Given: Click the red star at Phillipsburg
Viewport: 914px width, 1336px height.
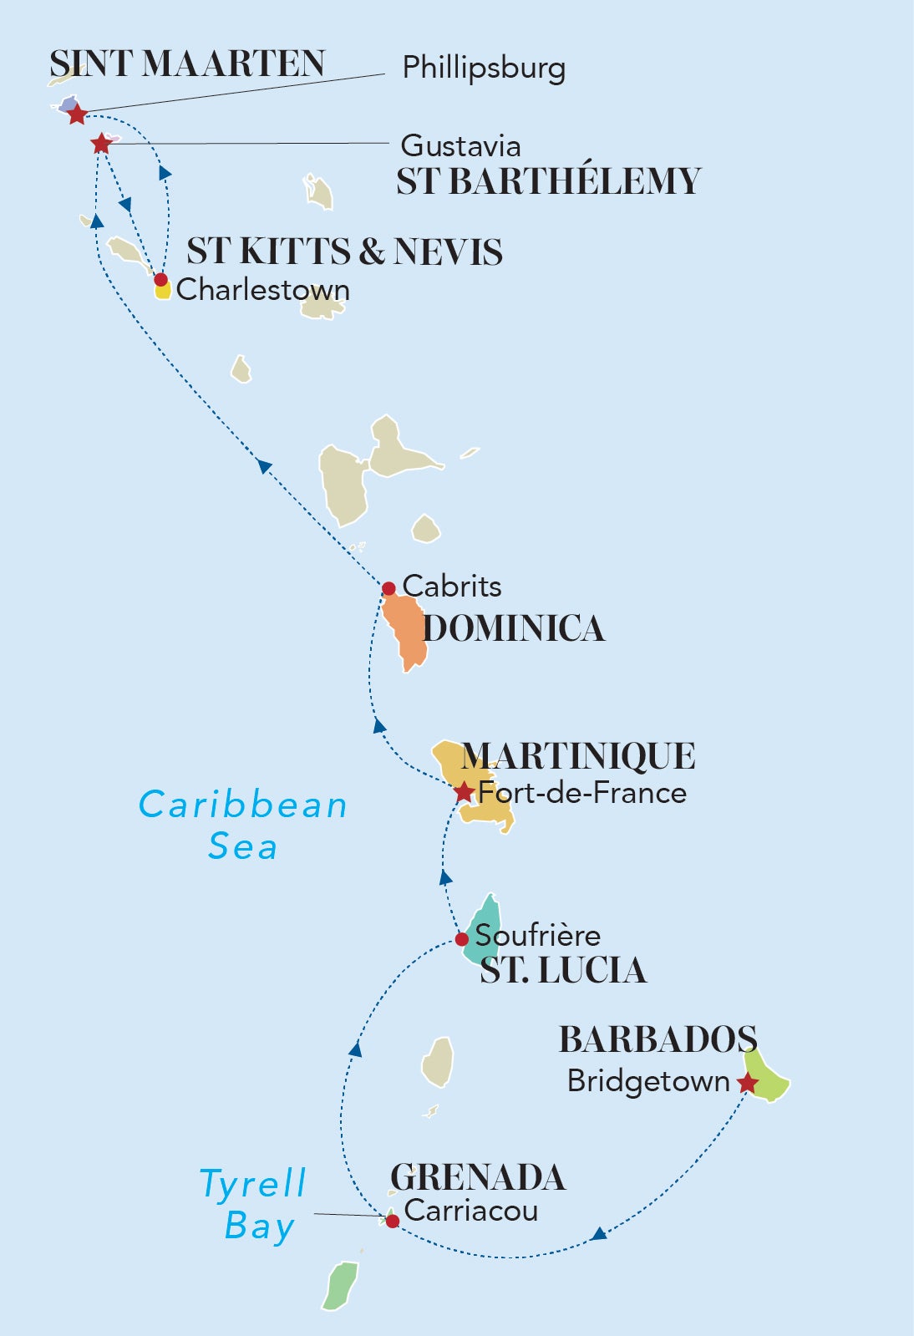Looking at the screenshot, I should pos(77,114).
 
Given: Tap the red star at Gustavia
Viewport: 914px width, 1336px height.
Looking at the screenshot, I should pos(101,144).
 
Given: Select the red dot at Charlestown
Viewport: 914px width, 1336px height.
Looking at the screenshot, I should pos(161,280).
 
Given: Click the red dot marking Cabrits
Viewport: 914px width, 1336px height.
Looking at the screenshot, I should pos(388,589).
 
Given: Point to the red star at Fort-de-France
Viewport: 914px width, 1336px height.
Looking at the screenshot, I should pos(464,792).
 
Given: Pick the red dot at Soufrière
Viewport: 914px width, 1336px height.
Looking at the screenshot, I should pos(462,939).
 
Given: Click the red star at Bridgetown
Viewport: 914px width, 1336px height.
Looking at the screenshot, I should pos(747,1084).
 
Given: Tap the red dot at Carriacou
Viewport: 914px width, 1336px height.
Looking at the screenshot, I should pos(392,1221).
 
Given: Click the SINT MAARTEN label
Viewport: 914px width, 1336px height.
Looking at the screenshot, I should pos(187,64).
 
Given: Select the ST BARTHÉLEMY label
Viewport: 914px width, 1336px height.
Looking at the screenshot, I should pos(548,181).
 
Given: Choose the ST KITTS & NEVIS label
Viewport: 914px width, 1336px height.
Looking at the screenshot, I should pos(344,251).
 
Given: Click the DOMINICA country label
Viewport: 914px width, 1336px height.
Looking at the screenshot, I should pos(514,629).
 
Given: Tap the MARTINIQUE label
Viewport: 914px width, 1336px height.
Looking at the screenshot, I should pos(578,756).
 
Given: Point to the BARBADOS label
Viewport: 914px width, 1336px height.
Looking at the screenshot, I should pos(658,1039).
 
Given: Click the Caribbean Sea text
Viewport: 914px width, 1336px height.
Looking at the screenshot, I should pos(242,825).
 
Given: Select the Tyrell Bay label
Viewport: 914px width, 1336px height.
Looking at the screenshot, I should pos(254,1205).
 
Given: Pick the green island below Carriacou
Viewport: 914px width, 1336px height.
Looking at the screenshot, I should pos(341,1285).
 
